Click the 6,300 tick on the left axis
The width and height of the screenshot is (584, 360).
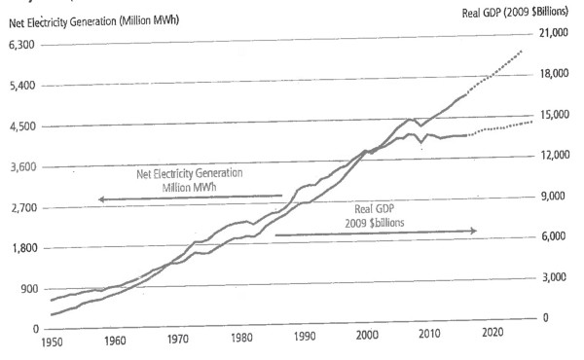pyautogui.click(x=20, y=46)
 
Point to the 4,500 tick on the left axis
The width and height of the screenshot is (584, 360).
pyautogui.click(x=20, y=127)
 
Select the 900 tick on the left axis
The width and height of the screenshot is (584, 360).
pyautogui.click(x=23, y=289)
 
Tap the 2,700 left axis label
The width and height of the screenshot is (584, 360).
pyautogui.click(x=20, y=208)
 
